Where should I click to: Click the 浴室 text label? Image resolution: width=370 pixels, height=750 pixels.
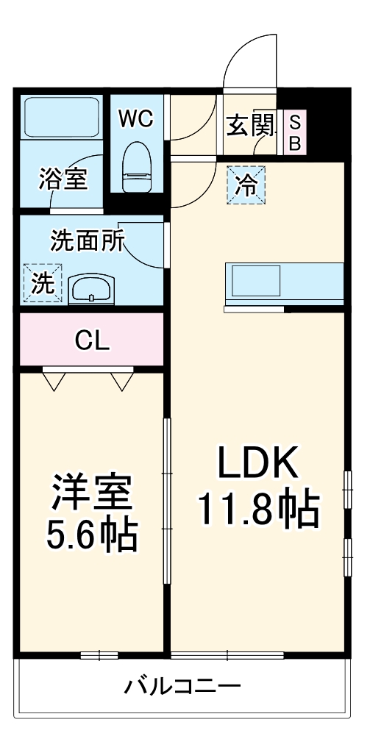[63, 179]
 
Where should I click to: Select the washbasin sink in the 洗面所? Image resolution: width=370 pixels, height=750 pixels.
[91, 289]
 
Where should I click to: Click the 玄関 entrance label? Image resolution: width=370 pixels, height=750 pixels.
[250, 126]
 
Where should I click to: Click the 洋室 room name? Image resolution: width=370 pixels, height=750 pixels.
[92, 493]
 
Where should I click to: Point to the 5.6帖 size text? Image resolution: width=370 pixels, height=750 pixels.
[92, 536]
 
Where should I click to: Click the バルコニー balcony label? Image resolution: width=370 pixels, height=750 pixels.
[182, 687]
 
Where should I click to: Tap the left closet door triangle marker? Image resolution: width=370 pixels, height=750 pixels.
[54, 380]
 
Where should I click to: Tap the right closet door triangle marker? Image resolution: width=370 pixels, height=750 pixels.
[123, 380]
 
